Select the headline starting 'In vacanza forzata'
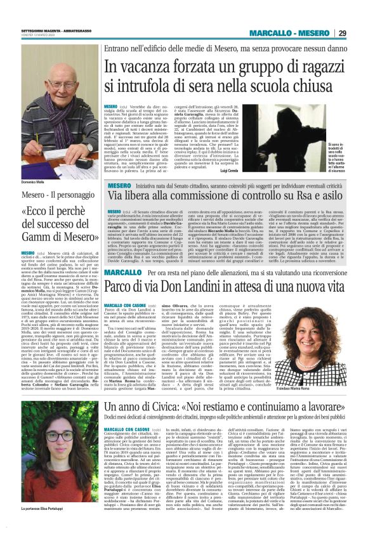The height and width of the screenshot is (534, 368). click(225, 75)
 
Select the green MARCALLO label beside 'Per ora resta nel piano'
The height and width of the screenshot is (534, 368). click(122, 272)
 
